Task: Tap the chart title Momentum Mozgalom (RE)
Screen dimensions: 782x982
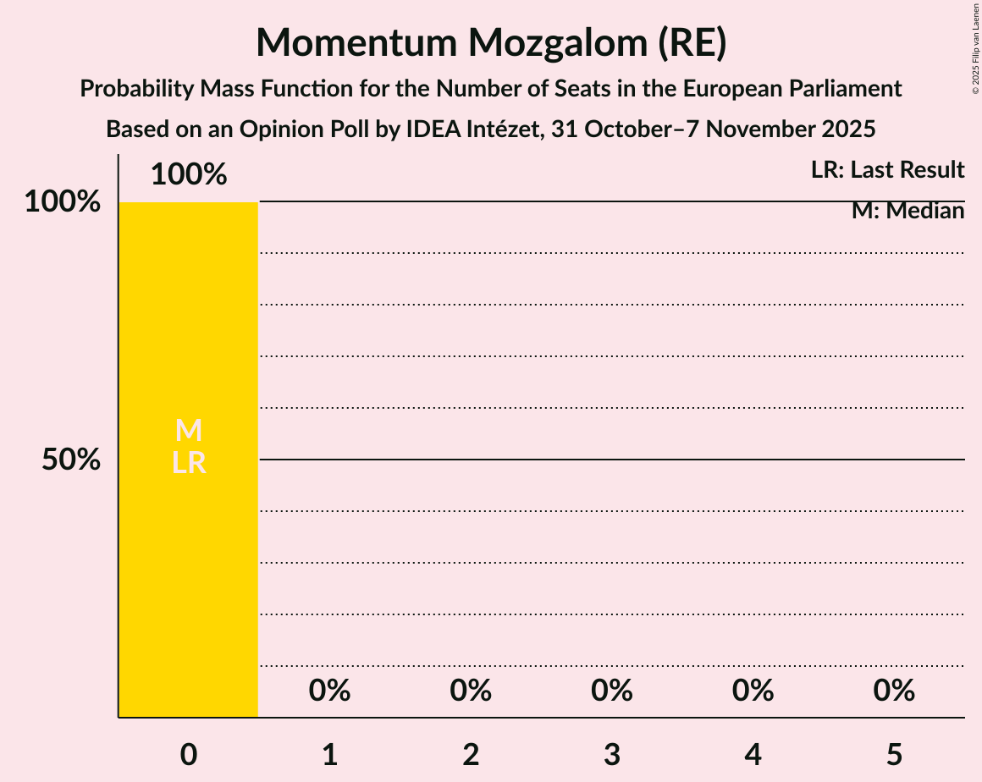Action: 491,42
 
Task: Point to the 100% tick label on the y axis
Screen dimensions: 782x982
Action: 63,202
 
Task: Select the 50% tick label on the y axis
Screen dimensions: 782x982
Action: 72,460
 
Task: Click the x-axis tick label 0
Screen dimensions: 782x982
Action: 189,755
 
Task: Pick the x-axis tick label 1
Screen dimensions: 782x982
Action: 330,755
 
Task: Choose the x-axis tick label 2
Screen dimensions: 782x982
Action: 472,755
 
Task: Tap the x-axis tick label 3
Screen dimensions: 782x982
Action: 612,755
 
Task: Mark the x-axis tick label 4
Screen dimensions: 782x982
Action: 753,755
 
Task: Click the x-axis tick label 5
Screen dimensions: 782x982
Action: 895,755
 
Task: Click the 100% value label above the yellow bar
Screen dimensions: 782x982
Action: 189,175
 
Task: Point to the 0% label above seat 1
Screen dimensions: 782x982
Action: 330,691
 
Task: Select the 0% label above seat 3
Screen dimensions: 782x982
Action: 612,691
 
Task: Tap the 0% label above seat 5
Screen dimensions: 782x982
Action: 895,691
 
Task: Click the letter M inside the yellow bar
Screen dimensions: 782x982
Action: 189,431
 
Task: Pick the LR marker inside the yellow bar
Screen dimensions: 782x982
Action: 189,463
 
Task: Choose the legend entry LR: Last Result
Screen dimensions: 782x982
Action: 887,170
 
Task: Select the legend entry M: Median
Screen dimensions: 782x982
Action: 908,211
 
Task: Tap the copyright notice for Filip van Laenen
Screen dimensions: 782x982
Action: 975,47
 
